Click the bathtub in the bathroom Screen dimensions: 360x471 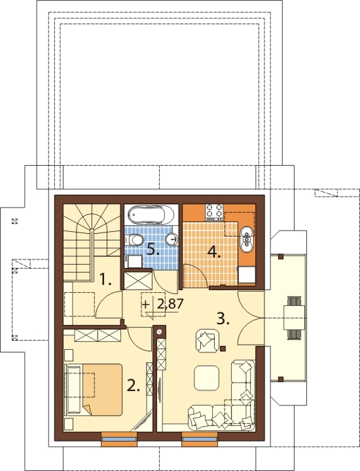click(x=152, y=215)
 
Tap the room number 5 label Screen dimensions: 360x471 click(x=153, y=250)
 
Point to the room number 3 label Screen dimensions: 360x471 click(x=223, y=319)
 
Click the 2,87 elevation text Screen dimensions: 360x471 click(x=170, y=304)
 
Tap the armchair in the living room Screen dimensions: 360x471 click(x=207, y=340)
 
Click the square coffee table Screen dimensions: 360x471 click(x=207, y=377)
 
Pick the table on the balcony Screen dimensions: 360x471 click(x=295, y=318)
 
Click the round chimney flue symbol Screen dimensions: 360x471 click(x=160, y=332)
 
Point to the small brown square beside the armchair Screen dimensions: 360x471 click(x=223, y=349)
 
